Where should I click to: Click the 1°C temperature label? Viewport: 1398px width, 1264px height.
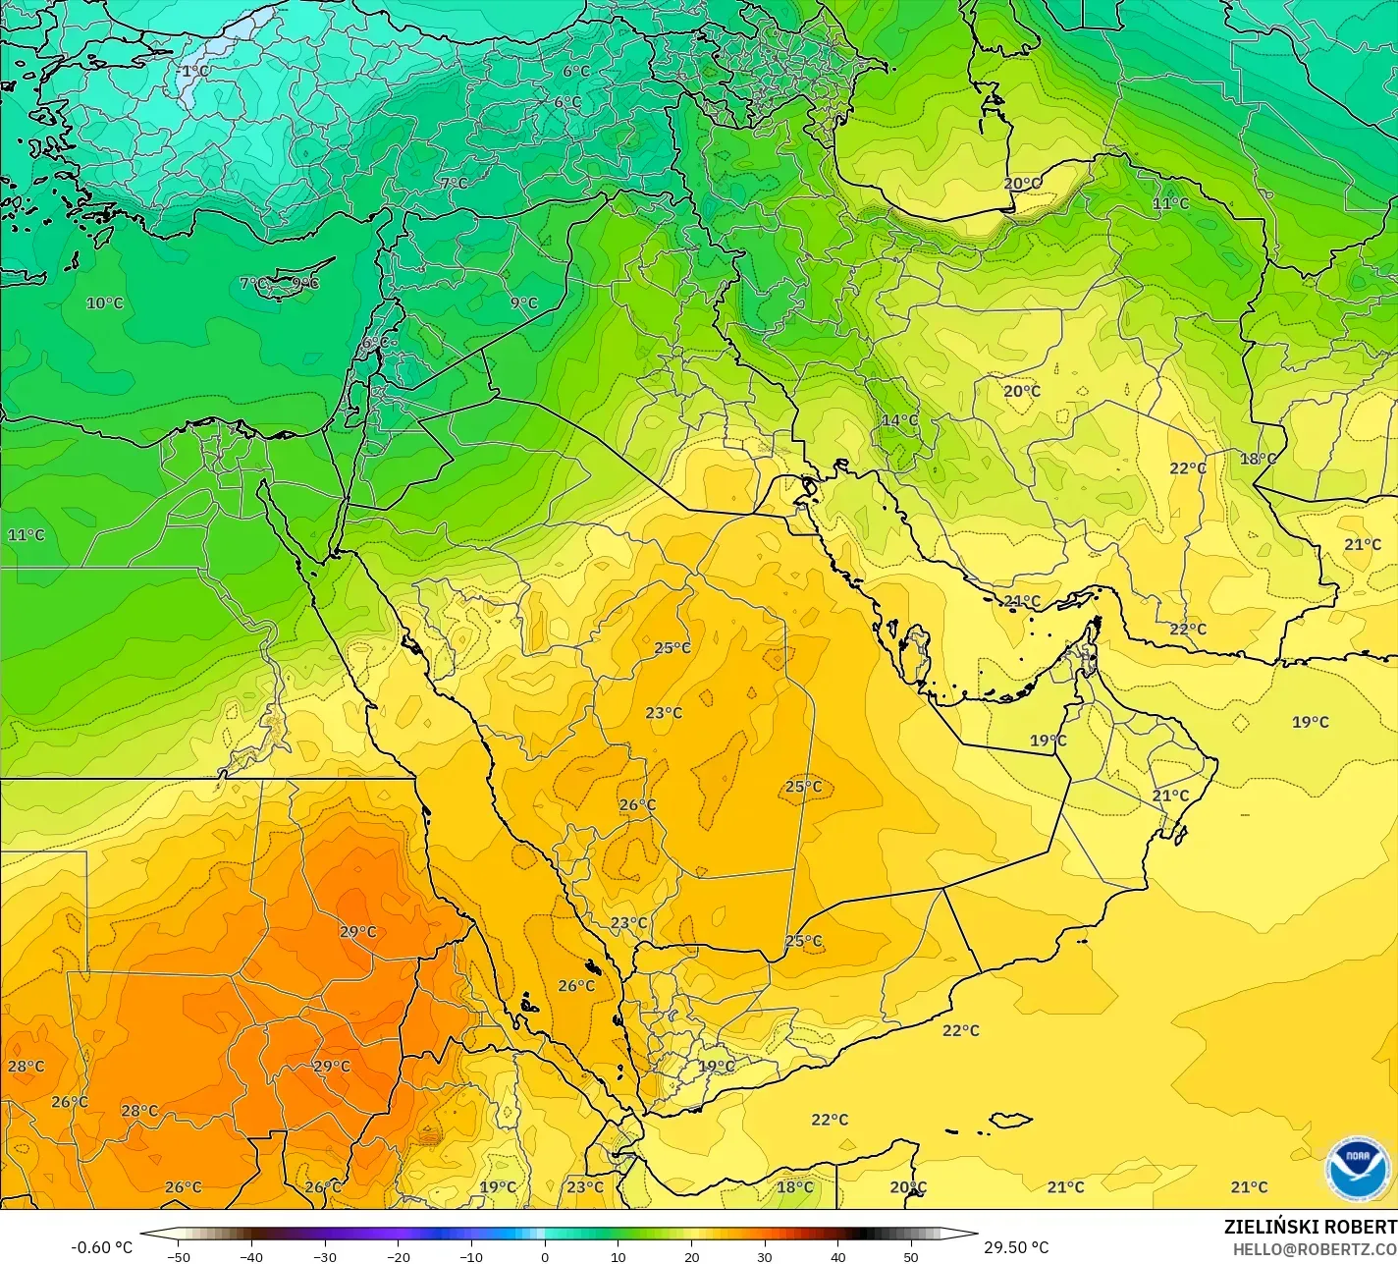195,71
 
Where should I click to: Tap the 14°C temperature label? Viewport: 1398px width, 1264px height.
899,420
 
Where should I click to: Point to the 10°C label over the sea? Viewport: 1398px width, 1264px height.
104,302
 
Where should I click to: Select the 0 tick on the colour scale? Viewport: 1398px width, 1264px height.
545,1257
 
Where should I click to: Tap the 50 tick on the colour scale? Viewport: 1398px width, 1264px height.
912,1257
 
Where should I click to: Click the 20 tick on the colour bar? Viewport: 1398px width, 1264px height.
692,1257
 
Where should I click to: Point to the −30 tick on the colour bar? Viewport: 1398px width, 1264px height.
325,1257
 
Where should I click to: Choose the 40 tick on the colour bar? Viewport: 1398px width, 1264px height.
838,1257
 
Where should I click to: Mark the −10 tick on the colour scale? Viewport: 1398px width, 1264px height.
471,1257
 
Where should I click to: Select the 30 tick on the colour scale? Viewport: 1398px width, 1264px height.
765,1257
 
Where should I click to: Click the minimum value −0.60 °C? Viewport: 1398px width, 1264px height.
101,1247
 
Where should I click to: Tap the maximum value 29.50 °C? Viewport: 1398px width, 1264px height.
1016,1247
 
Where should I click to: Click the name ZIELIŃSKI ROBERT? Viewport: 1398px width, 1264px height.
1310,1227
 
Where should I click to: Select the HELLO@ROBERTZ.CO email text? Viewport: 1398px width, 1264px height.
1315,1248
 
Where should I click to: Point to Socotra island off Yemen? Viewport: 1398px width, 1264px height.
1009,1120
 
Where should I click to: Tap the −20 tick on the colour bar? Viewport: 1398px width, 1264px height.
398,1257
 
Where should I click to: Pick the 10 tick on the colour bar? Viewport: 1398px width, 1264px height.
618,1257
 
